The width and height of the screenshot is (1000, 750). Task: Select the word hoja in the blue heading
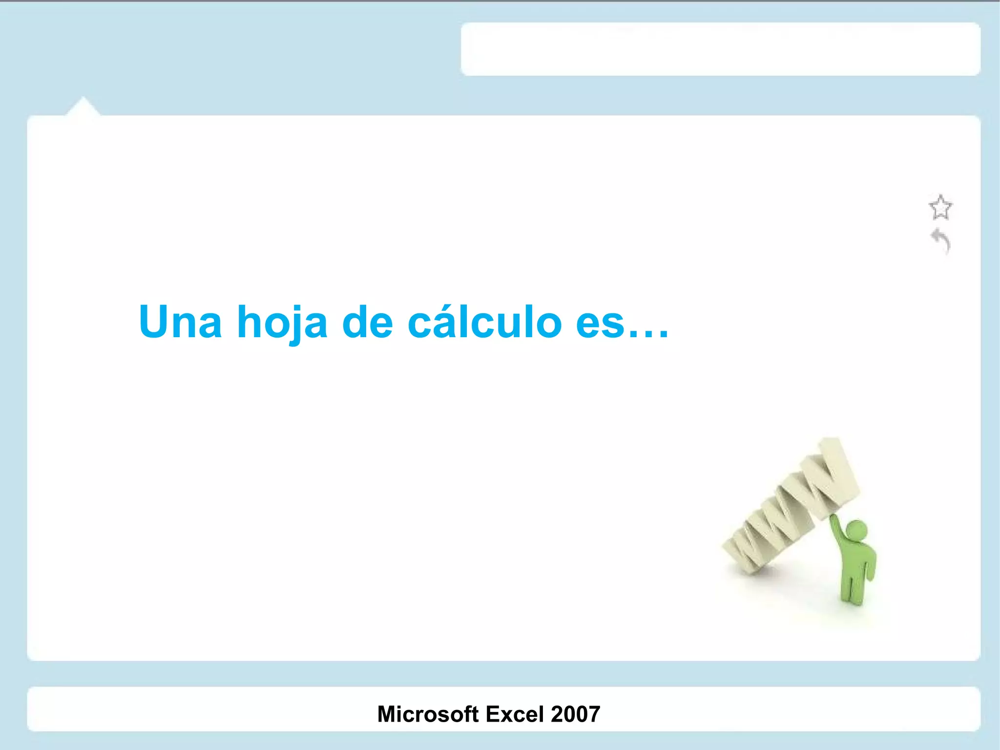282,322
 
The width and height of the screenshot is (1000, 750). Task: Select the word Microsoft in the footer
428,714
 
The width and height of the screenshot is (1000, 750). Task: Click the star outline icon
940,208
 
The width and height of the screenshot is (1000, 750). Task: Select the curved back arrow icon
941,240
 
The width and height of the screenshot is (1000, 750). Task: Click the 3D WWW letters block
791,508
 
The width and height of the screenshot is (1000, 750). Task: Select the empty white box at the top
720,49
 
